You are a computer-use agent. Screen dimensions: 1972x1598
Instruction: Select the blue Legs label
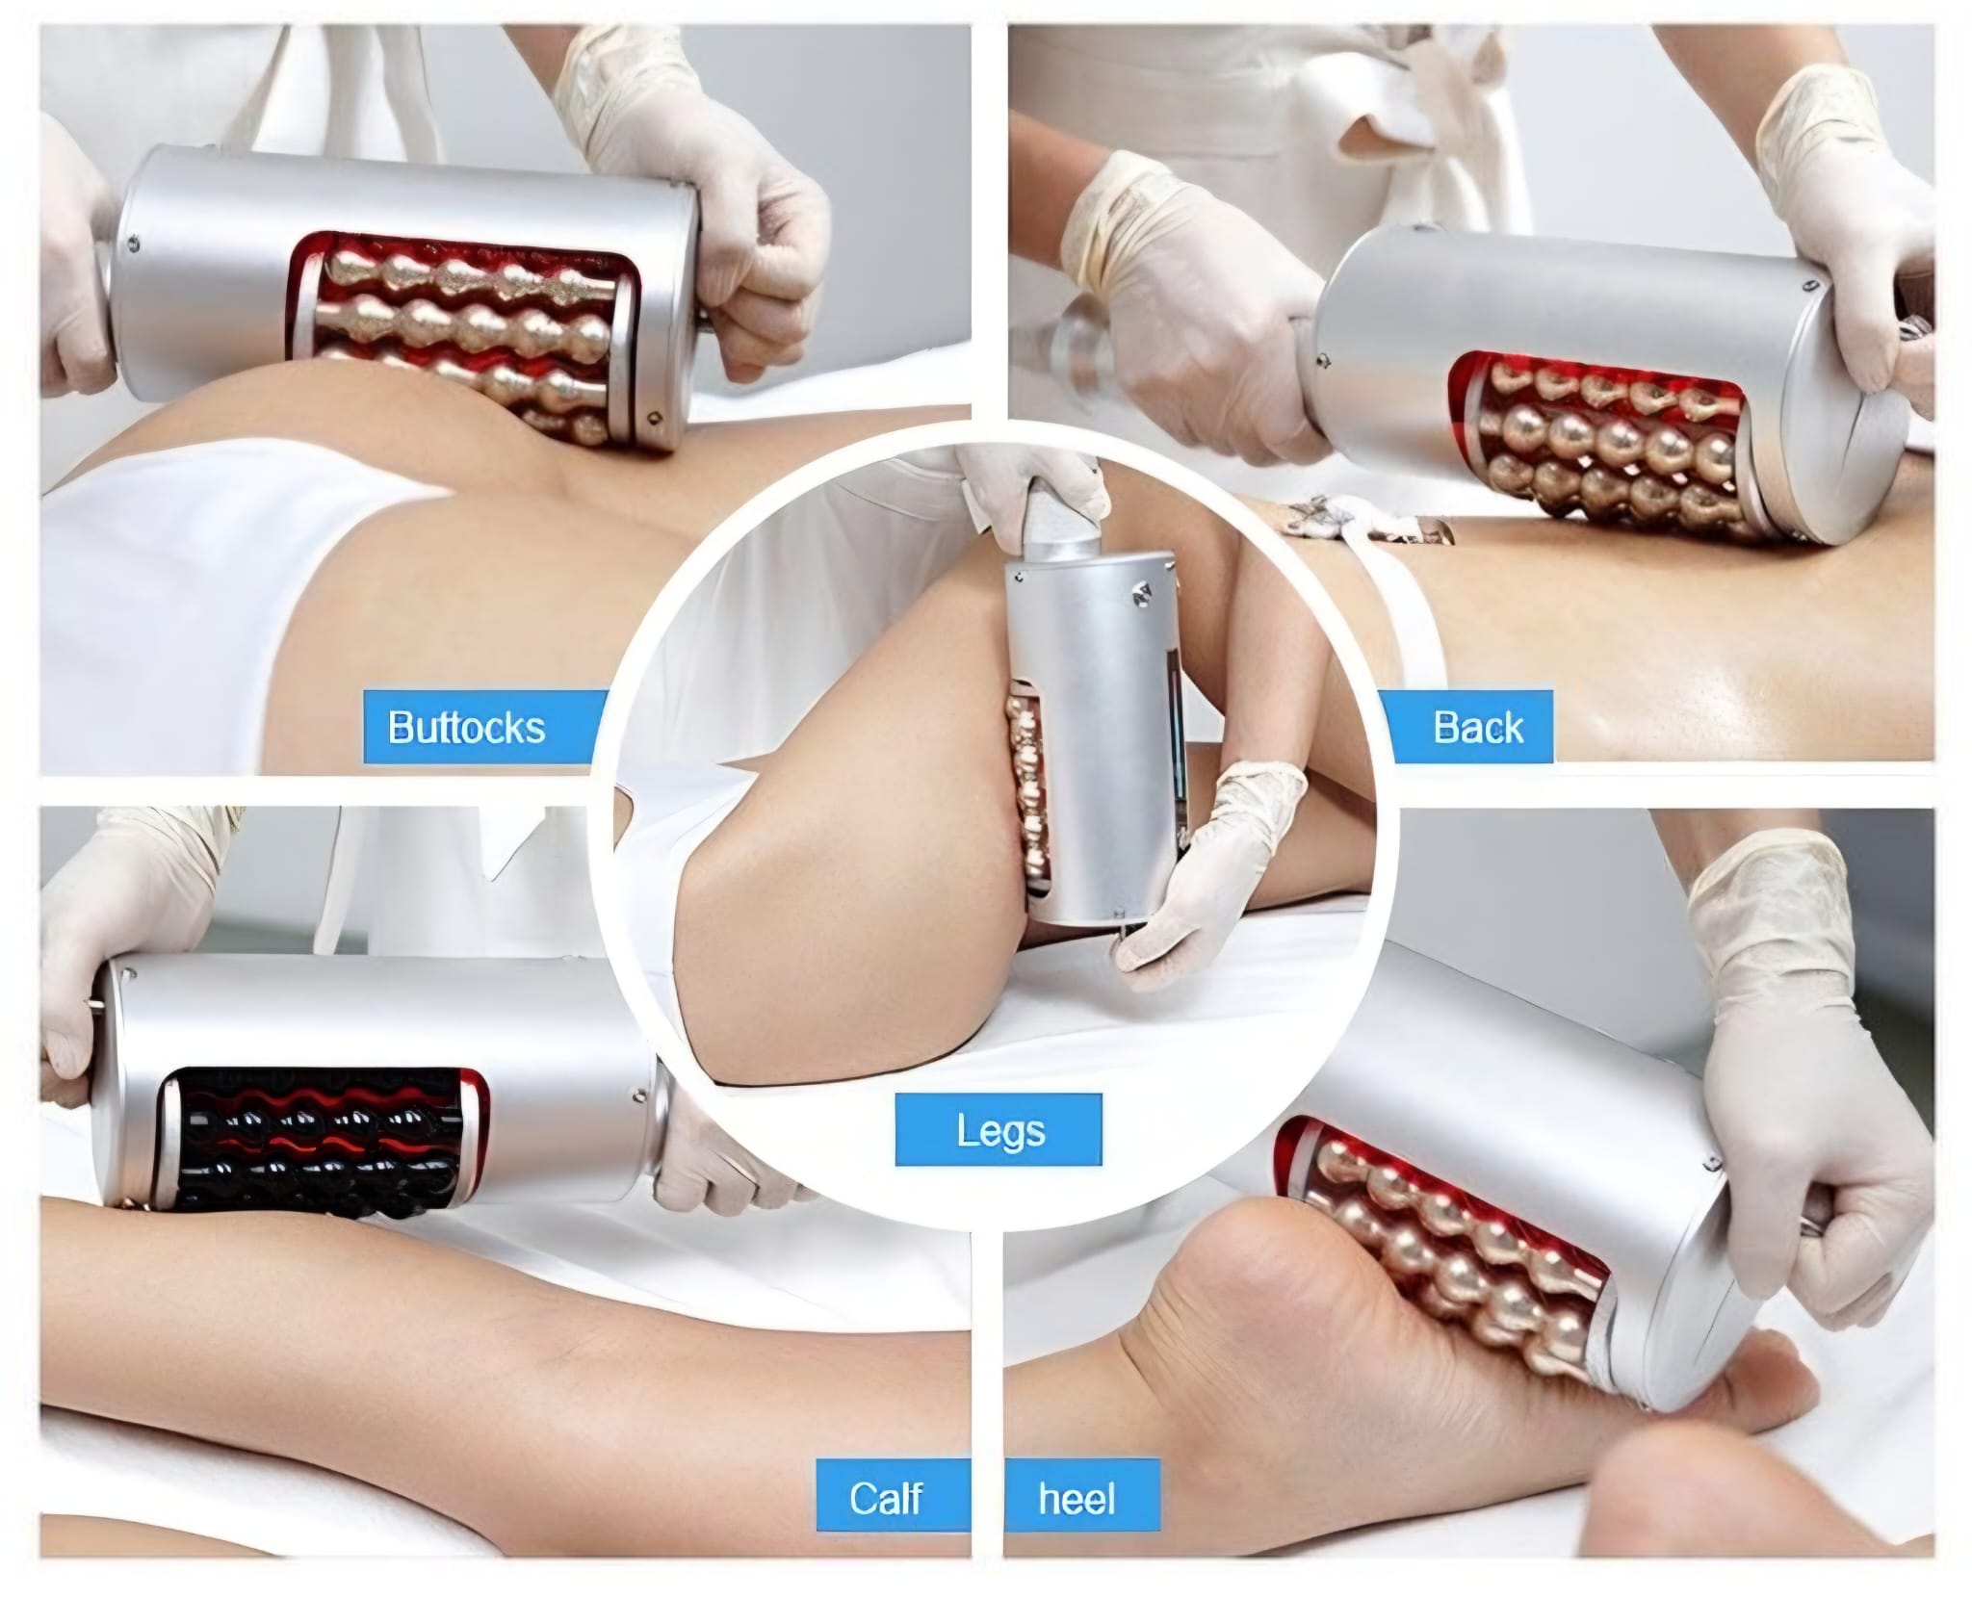(999, 1129)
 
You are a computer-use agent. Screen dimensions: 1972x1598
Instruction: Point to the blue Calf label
(878, 1499)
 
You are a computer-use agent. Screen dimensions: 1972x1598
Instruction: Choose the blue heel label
(1082, 1499)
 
